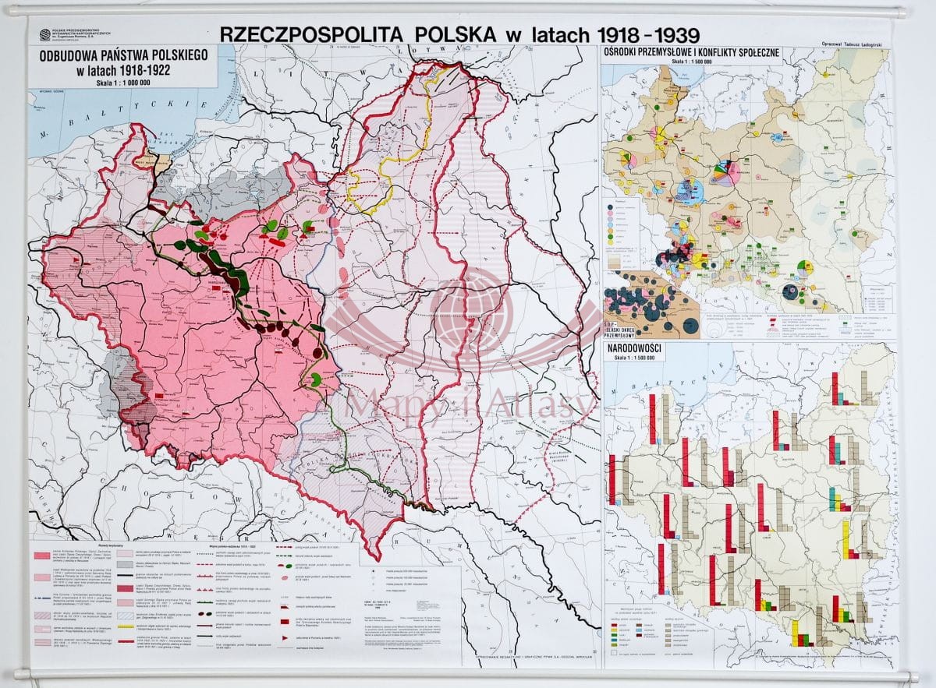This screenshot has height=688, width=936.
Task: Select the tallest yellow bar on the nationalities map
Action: click(x=846, y=538)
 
